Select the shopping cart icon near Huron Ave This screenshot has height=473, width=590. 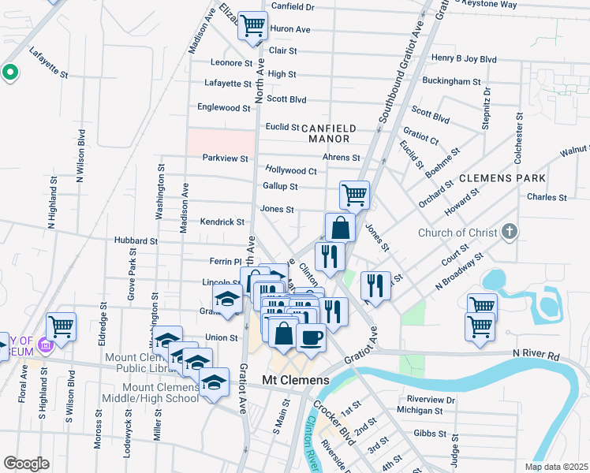pyautogui.click(x=252, y=27)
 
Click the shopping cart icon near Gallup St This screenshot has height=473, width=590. pyautogui.click(x=354, y=194)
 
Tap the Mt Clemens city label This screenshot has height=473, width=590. pyautogui.click(x=295, y=381)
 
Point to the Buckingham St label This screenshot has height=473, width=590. pyautogui.click(x=451, y=81)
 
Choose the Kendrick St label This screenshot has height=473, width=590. pyautogui.click(x=222, y=222)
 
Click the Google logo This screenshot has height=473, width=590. pyautogui.click(x=26, y=464)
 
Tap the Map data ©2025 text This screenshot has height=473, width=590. pyautogui.click(x=555, y=467)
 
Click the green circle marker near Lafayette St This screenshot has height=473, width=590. pyautogui.click(x=10, y=73)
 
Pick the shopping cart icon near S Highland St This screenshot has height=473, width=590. pyautogui.click(x=61, y=325)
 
